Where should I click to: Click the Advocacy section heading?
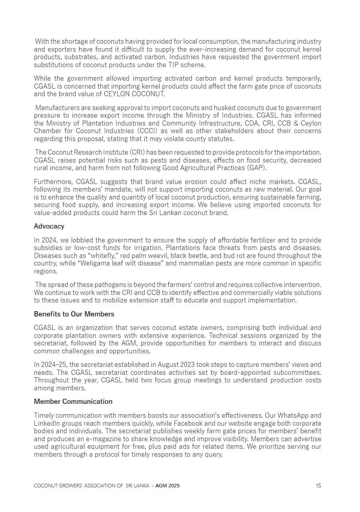tap(49, 226)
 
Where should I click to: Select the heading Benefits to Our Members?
tap(74, 314)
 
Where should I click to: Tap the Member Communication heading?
tap(73, 401)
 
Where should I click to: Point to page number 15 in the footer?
tap(318, 485)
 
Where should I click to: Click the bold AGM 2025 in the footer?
tap(167, 486)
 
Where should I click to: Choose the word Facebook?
tap(187, 423)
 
